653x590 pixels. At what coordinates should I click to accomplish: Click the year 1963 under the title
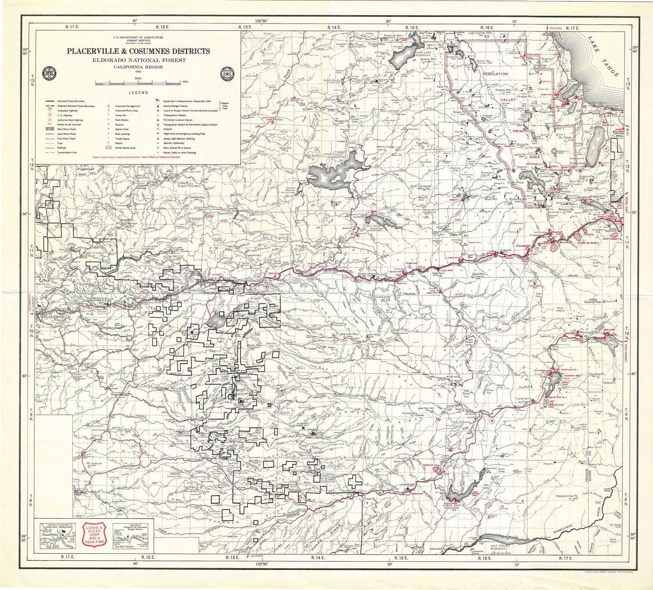pos(138,70)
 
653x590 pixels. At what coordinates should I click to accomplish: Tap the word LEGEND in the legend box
pos(138,93)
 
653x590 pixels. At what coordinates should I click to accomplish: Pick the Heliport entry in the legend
pos(170,129)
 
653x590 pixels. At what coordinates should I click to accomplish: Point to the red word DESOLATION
pos(495,74)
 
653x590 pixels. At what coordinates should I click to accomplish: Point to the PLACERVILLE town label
pos(55,318)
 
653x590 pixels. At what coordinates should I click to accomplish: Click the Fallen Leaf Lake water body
pos(595,147)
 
